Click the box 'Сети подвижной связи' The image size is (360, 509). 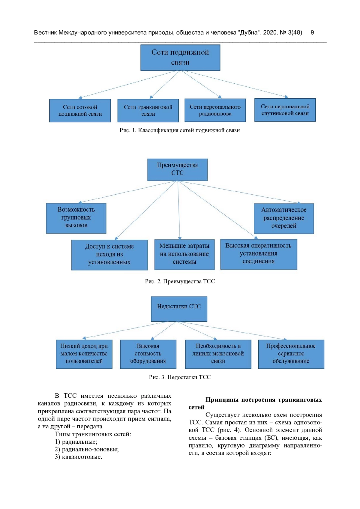click(x=180, y=58)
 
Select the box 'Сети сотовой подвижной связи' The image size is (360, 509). click(x=80, y=110)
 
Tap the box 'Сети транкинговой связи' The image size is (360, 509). click(x=148, y=110)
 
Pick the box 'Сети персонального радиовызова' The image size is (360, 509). click(x=215, y=110)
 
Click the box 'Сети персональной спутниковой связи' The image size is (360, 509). click(x=285, y=110)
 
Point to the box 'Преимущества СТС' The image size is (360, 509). click(x=177, y=169)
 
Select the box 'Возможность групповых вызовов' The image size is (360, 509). click(x=76, y=218)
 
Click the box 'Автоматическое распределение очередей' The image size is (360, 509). click(x=284, y=218)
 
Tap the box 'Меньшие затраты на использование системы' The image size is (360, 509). click(x=184, y=254)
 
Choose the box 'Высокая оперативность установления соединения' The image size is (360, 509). click(x=259, y=254)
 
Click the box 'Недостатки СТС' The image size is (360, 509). click(x=179, y=309)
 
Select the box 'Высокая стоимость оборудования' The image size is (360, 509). click(x=148, y=354)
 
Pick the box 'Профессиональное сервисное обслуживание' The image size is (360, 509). click(x=291, y=354)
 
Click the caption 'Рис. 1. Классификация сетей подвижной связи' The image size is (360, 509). click(x=180, y=130)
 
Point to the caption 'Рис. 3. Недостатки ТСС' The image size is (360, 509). click(x=180, y=377)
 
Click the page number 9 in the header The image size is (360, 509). click(x=312, y=32)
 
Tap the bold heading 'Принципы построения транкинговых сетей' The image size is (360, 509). click(x=255, y=403)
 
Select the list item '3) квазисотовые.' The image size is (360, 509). click(x=78, y=457)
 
